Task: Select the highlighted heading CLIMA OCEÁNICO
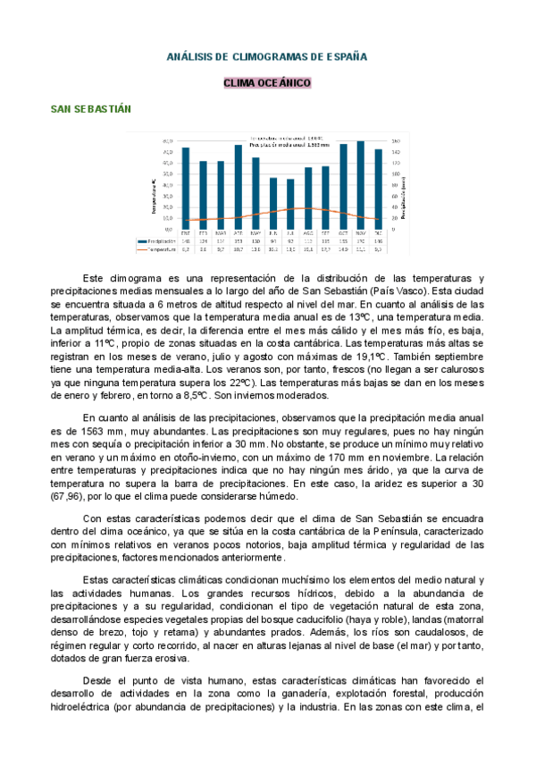(x=267, y=83)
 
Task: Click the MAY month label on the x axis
(x=255, y=232)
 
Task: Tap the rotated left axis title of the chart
(x=154, y=197)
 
